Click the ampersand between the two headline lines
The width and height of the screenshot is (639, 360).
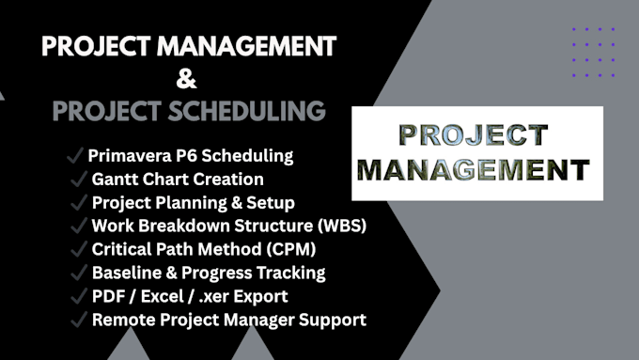point(186,79)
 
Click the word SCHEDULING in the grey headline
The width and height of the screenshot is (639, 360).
point(246,111)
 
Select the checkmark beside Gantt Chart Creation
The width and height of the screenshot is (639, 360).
point(79,179)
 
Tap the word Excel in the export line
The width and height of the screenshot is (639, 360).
point(163,296)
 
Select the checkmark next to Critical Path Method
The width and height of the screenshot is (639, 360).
point(79,249)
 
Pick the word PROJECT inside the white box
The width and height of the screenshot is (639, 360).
point(473,135)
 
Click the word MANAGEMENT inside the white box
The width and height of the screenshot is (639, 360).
point(473,169)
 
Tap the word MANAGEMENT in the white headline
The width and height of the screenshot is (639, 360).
point(246,46)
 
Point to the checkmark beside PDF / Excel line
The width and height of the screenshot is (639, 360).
point(79,296)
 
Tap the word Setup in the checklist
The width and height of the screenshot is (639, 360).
point(271,203)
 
